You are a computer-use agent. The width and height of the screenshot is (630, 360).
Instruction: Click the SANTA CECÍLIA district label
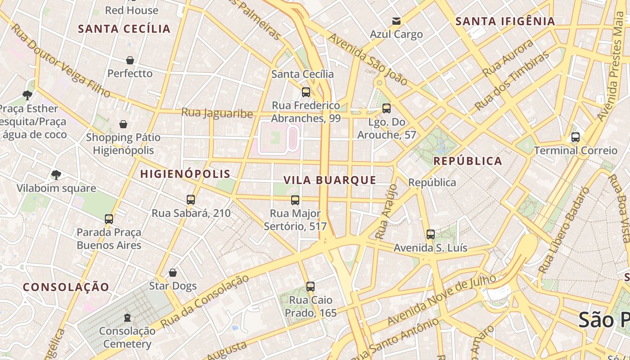tap(124, 29)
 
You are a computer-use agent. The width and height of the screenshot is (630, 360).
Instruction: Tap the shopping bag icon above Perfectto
tap(130, 60)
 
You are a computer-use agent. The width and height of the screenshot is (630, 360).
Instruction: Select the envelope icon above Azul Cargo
tap(396, 21)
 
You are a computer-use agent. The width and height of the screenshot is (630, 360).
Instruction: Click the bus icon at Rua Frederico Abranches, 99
tap(306, 92)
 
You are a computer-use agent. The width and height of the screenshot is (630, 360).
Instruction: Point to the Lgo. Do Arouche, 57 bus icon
tap(386, 108)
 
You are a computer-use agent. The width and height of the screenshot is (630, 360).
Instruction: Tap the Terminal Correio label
tap(576, 150)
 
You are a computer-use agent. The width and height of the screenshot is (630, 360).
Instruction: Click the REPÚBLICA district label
tap(468, 161)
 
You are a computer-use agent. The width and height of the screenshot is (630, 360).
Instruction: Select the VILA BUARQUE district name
tap(329, 180)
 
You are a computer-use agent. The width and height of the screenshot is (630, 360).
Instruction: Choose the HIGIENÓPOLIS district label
tap(185, 174)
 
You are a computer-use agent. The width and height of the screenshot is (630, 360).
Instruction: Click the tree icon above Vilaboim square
tap(56, 175)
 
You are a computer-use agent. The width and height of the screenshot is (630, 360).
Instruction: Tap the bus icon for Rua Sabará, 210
tap(191, 200)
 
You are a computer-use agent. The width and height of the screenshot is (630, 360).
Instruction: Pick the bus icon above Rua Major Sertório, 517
tap(295, 200)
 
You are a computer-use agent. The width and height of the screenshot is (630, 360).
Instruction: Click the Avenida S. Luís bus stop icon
tap(431, 234)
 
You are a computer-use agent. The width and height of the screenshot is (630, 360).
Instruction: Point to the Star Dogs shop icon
tap(173, 273)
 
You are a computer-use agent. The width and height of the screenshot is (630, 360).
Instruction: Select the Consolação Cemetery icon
tap(127, 318)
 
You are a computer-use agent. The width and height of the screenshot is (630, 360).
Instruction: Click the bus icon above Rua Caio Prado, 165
tap(310, 287)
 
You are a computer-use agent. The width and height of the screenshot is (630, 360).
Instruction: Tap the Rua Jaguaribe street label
tap(217, 112)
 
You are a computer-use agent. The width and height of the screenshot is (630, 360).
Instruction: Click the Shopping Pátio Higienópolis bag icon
tap(123, 124)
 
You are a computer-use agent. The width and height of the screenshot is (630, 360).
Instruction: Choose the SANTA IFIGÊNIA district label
tap(505, 21)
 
